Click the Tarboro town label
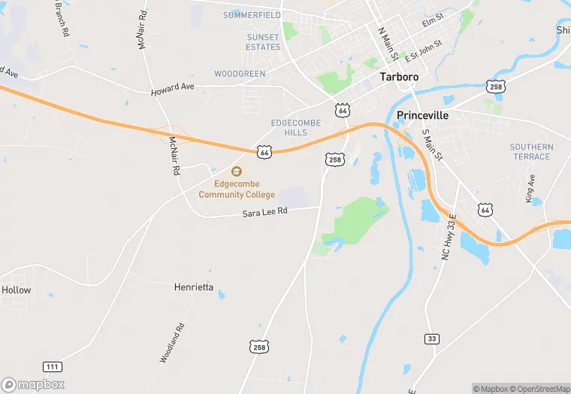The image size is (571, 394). pos(399,77)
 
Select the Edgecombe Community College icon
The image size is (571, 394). pos(237,172)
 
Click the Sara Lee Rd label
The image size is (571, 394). pos(264,213)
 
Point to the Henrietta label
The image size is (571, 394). pos(194,287)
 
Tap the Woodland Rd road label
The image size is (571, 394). pos(172,343)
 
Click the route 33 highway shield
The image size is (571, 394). pos(431,338)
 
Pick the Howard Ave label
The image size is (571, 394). pos(172,88)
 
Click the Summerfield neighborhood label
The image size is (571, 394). pos(252,15)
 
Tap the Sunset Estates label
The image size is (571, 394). pos(263,42)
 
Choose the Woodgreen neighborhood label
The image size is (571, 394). pos(240,74)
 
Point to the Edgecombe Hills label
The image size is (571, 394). pos(295,127)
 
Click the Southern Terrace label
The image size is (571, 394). pos(531,152)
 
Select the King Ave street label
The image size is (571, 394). pos(530,189)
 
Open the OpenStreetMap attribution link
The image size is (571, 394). pos(539,389)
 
